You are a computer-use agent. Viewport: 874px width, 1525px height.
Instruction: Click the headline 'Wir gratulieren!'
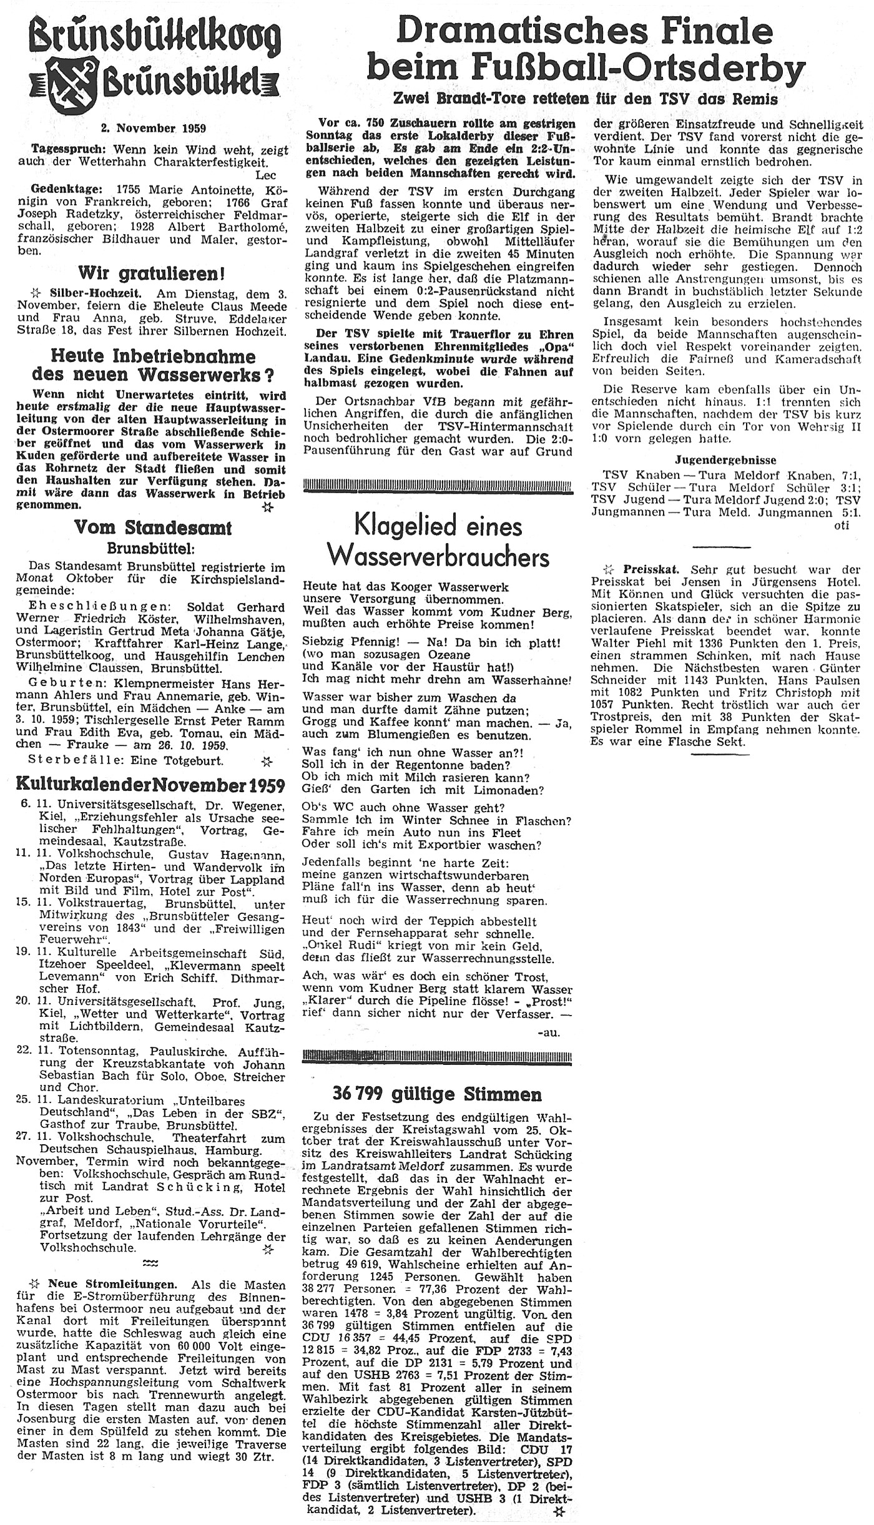(x=152, y=273)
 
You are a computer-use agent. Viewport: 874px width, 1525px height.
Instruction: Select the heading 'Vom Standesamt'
(x=153, y=527)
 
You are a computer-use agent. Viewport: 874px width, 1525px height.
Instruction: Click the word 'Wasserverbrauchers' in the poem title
(x=439, y=557)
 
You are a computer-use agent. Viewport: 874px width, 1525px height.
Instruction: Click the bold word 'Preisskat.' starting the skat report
(x=649, y=570)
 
